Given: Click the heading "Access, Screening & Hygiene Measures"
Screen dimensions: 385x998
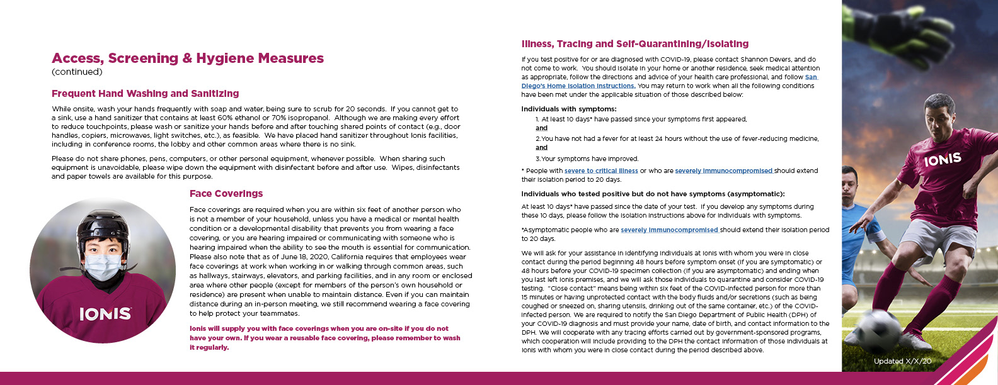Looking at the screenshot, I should [x=188, y=59].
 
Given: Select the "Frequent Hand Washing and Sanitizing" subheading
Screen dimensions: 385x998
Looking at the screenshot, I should [x=146, y=94].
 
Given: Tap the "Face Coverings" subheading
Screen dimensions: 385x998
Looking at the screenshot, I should [x=226, y=194].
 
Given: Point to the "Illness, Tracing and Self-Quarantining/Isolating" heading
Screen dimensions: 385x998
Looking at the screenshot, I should [x=635, y=44].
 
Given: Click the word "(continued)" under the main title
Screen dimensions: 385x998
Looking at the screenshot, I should [x=77, y=72].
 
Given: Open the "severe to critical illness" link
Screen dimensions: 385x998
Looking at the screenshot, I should [x=601, y=170].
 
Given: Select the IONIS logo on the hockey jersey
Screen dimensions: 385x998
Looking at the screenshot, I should [x=105, y=313].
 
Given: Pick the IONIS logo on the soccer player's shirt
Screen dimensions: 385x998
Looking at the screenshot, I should [x=943, y=160].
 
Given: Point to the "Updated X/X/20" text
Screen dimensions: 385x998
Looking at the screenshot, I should [x=902, y=361].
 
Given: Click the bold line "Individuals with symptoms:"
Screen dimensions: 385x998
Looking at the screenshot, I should [x=569, y=109].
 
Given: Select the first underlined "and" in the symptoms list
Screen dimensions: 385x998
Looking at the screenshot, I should [x=542, y=128].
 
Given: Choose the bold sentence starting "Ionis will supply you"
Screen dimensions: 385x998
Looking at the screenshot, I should [x=324, y=338].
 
